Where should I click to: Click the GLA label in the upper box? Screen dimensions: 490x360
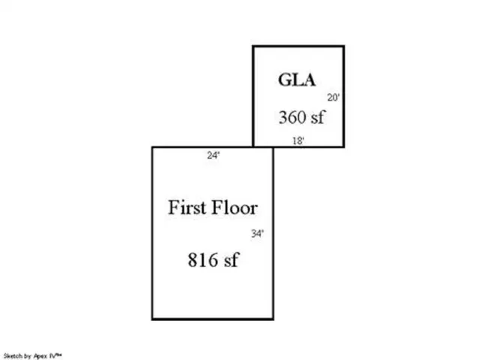point(297,79)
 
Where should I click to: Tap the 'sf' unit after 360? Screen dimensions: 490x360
point(318,117)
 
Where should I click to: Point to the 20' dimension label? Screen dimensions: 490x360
point(333,97)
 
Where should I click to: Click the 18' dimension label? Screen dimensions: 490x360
point(298,141)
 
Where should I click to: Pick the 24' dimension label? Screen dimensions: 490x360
point(214,155)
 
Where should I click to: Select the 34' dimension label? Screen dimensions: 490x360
point(258,233)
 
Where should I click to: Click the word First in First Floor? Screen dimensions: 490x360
point(187,207)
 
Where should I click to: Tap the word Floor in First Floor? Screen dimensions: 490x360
point(235,207)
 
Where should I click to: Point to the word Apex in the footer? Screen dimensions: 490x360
point(40,356)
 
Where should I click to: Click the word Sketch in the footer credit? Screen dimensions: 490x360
point(13,356)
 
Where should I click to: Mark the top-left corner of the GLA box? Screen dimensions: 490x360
point(253,46)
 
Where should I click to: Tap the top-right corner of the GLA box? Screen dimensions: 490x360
point(344,46)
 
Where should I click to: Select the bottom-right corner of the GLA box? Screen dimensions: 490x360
point(344,146)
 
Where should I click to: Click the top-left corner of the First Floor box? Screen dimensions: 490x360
point(153,147)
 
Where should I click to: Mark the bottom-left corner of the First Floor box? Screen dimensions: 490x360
point(153,319)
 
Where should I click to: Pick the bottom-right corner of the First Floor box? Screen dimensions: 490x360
point(273,319)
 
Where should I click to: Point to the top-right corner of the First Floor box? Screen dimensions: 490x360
point(273,147)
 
